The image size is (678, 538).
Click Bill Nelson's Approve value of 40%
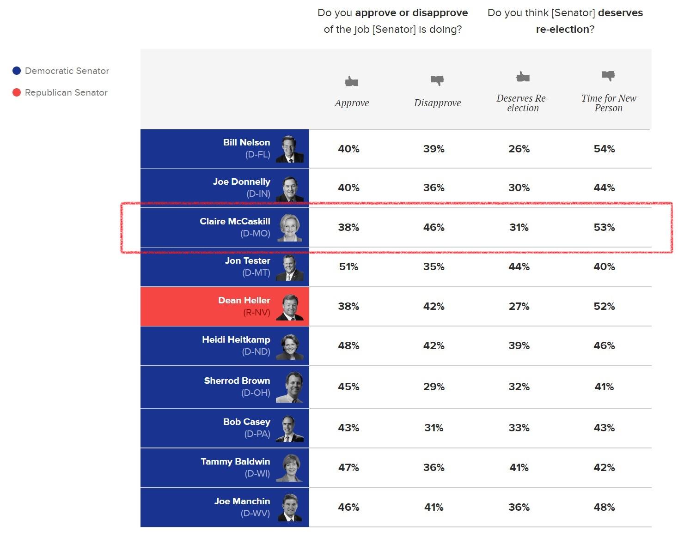point(348,149)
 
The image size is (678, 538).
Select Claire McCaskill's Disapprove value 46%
point(434,227)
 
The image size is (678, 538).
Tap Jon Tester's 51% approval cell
point(348,266)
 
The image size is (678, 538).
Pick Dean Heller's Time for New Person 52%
point(604,306)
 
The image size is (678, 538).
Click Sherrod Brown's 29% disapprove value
point(434,387)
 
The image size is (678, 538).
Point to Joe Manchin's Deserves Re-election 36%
point(519,507)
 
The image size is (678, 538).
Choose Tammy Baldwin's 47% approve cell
point(348,467)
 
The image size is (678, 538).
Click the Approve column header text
point(352,103)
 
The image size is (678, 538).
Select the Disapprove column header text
point(437,103)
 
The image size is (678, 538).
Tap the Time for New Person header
point(609,103)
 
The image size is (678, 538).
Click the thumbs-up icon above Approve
point(351,82)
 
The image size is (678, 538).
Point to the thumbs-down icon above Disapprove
point(437,80)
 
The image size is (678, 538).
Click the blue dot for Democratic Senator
point(17,71)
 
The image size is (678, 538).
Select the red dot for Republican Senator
point(17,92)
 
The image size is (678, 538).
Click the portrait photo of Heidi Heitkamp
point(290,347)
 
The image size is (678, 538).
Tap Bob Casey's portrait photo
point(290,429)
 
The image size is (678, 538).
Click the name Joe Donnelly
point(241,181)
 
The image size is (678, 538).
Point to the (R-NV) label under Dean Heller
point(257,312)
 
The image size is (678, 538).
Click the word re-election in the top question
point(562,29)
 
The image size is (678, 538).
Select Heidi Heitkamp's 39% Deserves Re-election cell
point(519,345)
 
